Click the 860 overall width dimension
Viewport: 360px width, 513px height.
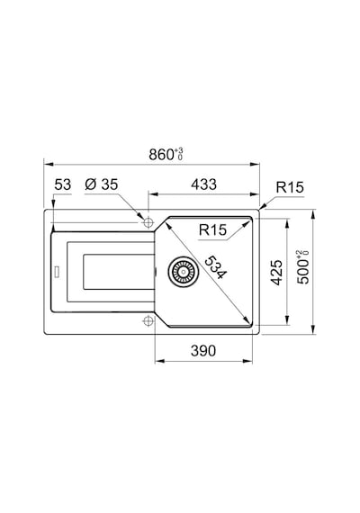pyautogui.click(x=161, y=155)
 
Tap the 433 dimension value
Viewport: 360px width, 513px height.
pyautogui.click(x=204, y=184)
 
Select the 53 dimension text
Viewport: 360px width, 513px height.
pyautogui.click(x=62, y=184)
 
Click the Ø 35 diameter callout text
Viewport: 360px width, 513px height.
pyautogui.click(x=101, y=184)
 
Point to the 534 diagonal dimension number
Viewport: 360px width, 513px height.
pyautogui.click(x=215, y=267)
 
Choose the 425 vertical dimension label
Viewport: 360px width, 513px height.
pyautogui.click(x=276, y=272)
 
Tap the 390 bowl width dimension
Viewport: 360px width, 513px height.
pyautogui.click(x=203, y=351)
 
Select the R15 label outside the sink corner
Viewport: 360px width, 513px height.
pyautogui.click(x=290, y=187)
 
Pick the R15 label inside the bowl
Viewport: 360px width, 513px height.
pyautogui.click(x=212, y=230)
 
